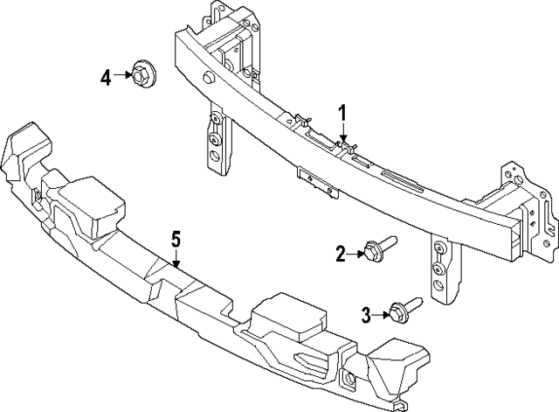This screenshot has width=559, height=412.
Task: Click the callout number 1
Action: (x=343, y=113)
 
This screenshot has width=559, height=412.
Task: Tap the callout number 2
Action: (x=341, y=254)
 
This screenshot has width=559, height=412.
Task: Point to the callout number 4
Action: (x=106, y=77)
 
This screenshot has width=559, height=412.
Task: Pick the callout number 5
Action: (x=176, y=238)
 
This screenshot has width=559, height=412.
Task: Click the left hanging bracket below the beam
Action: (x=215, y=140)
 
